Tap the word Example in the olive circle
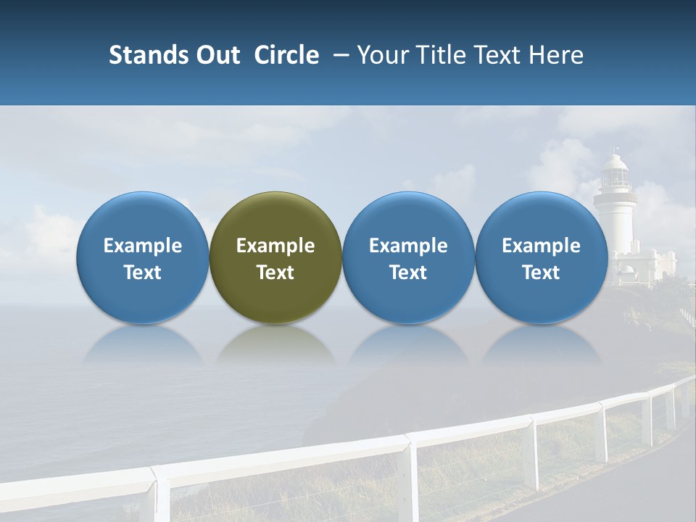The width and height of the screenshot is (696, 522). pos(275,246)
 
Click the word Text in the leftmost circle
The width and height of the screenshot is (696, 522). pos(142,273)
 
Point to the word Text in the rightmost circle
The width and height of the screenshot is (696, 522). pos(541,273)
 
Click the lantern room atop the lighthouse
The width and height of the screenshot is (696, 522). pos(616,171)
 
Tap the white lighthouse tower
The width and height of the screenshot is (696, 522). pos(615,225)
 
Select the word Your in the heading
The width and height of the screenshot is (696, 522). pos(380,55)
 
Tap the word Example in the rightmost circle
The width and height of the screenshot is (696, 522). pos(541,246)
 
